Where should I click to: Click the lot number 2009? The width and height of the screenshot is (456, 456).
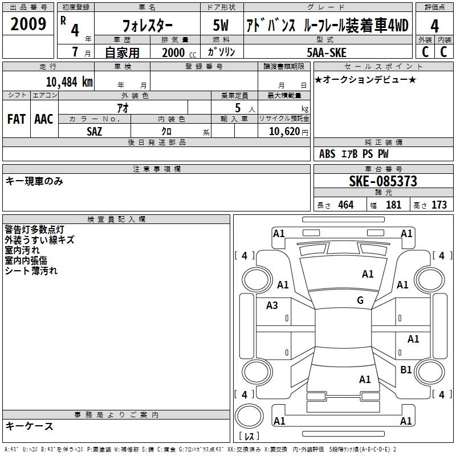tap(28, 25)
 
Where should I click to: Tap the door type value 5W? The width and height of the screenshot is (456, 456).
tap(222, 26)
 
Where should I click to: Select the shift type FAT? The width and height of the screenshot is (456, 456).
tap(16, 119)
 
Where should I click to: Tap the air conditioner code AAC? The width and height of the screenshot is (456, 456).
tap(44, 119)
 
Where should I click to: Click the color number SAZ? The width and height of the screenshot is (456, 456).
tap(95, 131)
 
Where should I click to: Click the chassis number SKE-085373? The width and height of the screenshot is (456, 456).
tap(383, 181)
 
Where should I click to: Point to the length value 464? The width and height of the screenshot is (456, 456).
tap(345, 205)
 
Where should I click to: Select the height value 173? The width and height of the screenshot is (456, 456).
tap(439, 205)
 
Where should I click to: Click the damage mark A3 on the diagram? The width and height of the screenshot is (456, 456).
tap(272, 306)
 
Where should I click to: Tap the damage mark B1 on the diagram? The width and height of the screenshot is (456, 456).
tap(406, 370)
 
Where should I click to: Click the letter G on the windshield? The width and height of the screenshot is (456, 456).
tap(360, 300)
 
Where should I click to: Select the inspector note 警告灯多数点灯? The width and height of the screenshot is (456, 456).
tap(38, 230)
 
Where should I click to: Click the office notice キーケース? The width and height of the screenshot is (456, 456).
tap(30, 426)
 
